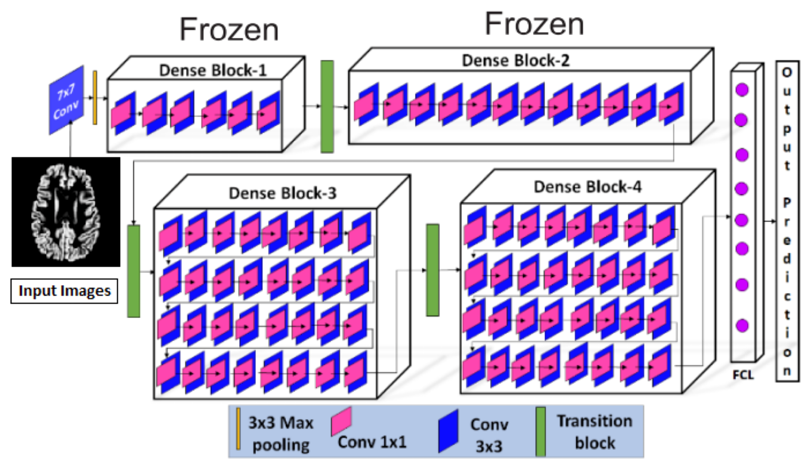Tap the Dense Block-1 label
pos(213,70)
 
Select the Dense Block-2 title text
pos(515,61)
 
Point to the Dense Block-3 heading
pos(282,193)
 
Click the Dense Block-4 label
pos(588,187)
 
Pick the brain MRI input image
pos(66,212)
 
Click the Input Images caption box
pos(65,291)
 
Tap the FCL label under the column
pos(743,375)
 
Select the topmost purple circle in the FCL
pos(742,90)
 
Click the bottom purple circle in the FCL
pos(742,326)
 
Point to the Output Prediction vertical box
pos(787,221)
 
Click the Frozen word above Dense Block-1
pos(229,30)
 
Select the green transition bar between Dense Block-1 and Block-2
pos(327,106)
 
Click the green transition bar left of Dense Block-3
pos(134,271)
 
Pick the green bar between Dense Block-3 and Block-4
pos(432,270)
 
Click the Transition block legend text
pos(595,432)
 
